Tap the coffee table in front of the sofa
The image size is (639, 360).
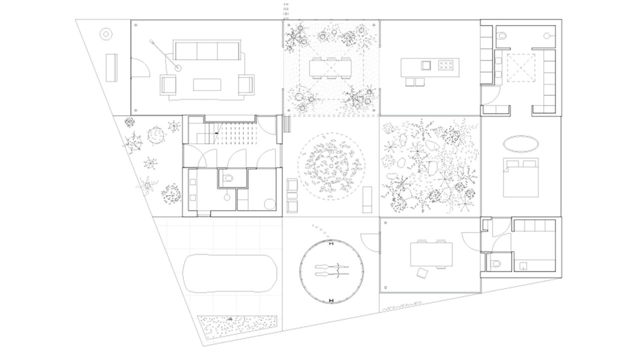[x=207, y=84]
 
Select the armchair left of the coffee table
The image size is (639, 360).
[x=168, y=84]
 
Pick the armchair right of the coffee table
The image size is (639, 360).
[x=246, y=84]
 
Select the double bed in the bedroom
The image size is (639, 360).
[x=520, y=177]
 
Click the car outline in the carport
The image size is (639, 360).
[x=230, y=274]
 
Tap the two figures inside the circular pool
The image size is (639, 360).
[x=329, y=271]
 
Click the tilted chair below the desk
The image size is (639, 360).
[x=423, y=272]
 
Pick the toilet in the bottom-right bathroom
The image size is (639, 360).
[x=496, y=264]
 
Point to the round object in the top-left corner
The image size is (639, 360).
[x=106, y=34]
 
